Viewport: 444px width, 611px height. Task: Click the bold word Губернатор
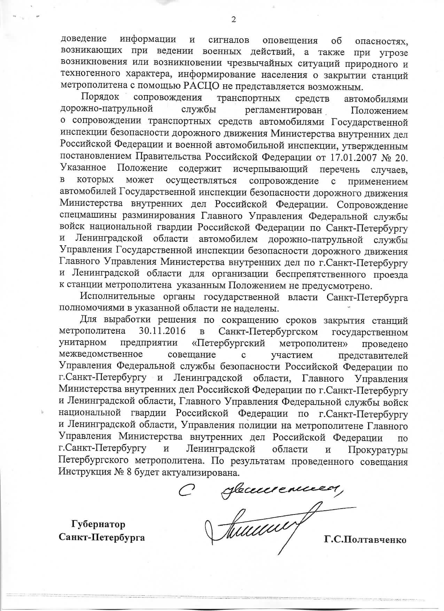[x=98, y=524]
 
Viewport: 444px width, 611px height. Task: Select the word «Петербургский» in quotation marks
[x=229, y=343]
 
